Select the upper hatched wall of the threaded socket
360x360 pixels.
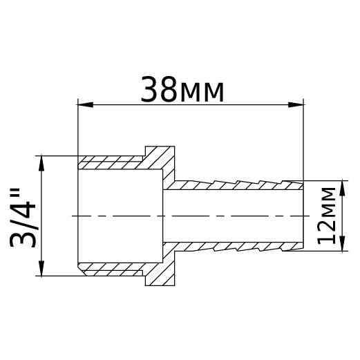click(x=111, y=163)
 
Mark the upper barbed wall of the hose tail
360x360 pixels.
click(x=235, y=185)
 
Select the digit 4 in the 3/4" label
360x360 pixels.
click(x=23, y=198)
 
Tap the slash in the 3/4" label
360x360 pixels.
click(x=23, y=217)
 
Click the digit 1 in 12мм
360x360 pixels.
click(x=325, y=236)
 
